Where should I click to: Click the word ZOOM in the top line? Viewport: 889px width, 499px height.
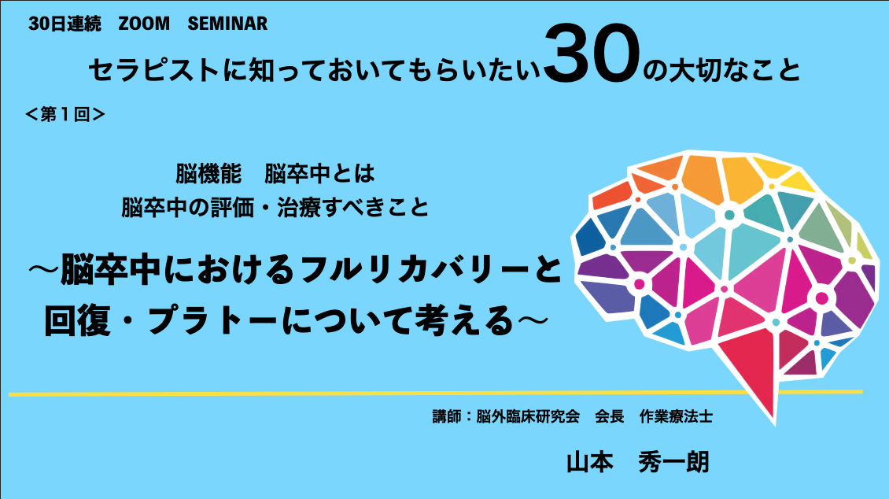point(144,24)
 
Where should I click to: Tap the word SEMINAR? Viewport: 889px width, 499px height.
point(227,24)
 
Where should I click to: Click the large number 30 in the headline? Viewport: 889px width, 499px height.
point(592,54)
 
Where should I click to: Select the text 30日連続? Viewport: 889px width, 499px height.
point(65,24)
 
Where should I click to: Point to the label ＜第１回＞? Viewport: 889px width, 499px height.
point(65,115)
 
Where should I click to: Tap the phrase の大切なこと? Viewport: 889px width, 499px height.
point(721,71)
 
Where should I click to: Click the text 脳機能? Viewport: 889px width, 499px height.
point(208,173)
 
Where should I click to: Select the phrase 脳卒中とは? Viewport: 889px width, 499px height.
point(319,173)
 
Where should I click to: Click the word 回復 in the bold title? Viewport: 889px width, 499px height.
point(77,321)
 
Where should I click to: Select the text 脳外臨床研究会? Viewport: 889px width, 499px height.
point(528,417)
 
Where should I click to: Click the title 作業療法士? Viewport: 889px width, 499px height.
point(676,417)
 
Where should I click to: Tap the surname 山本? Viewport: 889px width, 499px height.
point(589,462)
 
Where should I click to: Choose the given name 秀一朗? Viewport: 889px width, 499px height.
point(673,462)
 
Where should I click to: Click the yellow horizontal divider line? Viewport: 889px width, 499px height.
point(435,393)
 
